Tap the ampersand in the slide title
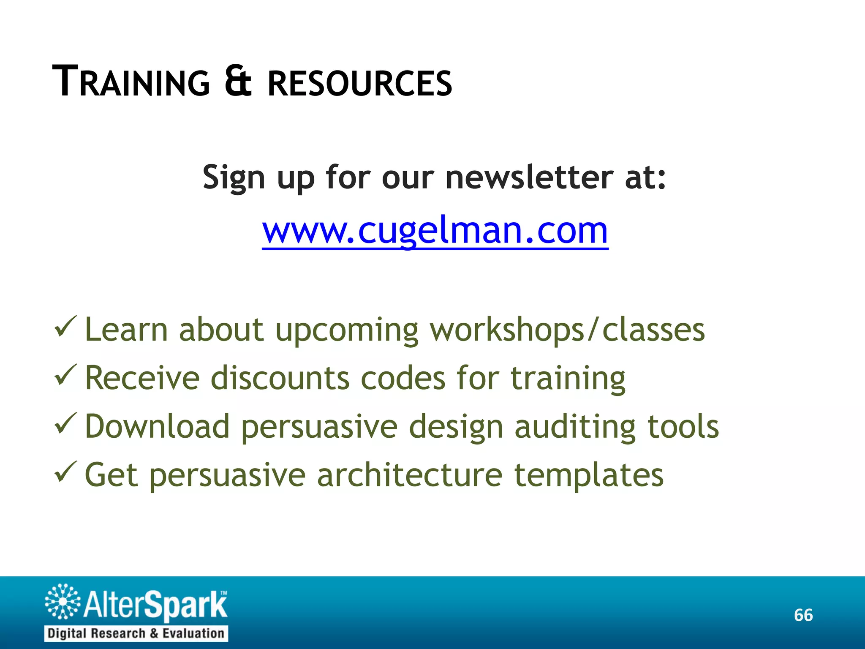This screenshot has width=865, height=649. tap(238, 81)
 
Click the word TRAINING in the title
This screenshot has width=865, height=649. tap(131, 82)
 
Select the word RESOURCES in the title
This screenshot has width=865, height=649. tap(360, 83)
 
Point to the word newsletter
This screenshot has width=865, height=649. tap(529, 177)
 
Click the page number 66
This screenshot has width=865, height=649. tap(803, 615)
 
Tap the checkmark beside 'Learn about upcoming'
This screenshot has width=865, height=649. tap(65, 327)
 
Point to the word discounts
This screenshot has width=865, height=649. tap(280, 378)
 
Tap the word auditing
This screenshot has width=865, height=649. tap(575, 427)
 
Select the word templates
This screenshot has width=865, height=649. tap(589, 476)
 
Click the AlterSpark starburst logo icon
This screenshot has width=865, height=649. tap(63, 601)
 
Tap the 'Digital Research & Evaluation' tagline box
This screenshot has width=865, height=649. tap(136, 633)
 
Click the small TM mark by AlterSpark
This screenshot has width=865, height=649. tap(223, 593)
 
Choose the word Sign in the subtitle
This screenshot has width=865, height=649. tap(234, 178)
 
